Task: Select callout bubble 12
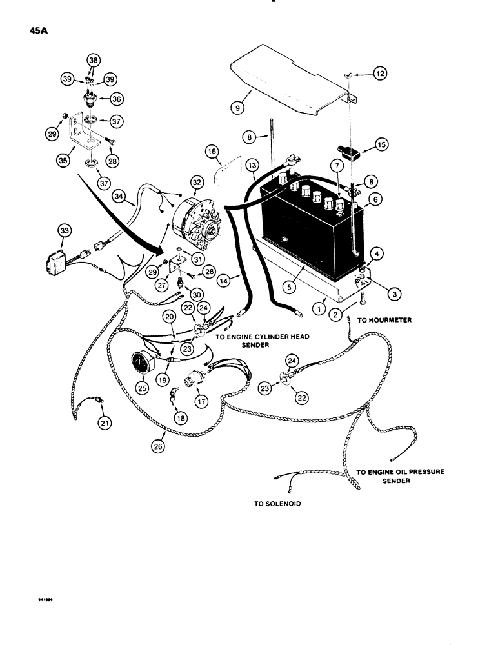[380, 75]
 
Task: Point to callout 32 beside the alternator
[196, 182]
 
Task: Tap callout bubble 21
[104, 422]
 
